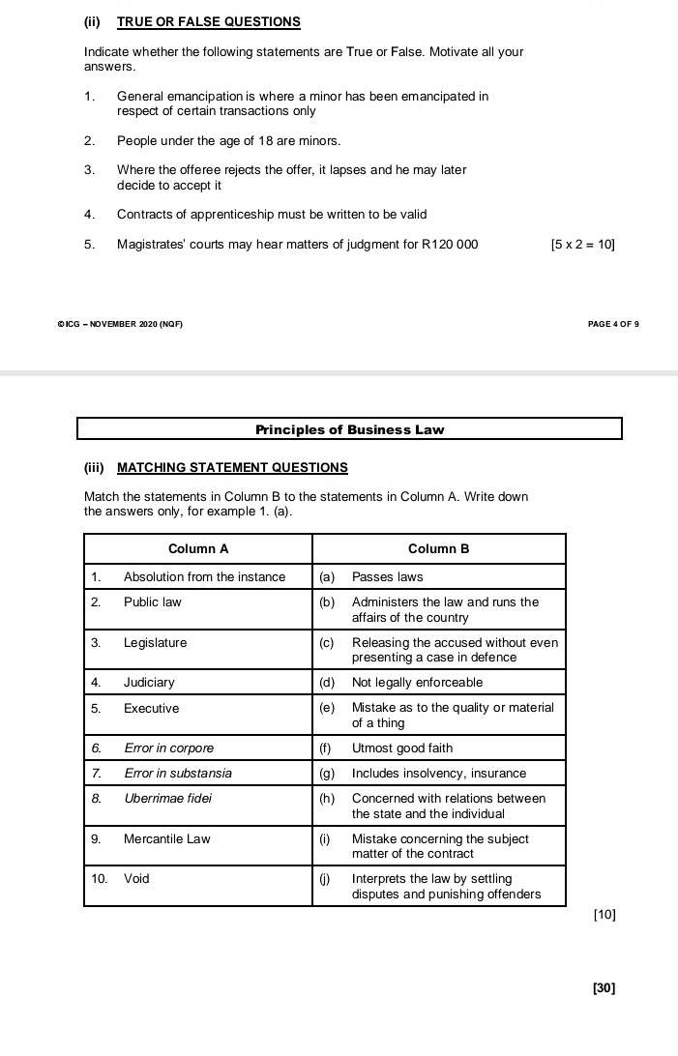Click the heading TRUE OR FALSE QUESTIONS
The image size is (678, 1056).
(x=208, y=21)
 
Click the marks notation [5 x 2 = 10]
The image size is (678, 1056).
(x=582, y=245)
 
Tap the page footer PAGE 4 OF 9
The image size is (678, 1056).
(x=613, y=323)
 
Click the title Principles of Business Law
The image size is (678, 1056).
(x=349, y=429)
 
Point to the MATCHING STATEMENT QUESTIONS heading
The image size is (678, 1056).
(x=231, y=468)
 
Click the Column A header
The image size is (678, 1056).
(x=198, y=548)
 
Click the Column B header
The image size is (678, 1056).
(x=438, y=548)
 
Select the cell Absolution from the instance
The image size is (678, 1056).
(x=204, y=577)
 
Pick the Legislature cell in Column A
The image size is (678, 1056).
(x=155, y=643)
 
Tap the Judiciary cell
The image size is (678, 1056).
(x=149, y=683)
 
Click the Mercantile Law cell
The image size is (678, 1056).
(x=166, y=839)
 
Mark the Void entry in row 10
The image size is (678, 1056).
(x=136, y=879)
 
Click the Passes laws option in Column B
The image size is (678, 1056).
(x=387, y=577)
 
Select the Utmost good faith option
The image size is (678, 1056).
(x=401, y=748)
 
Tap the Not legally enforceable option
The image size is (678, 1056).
(x=417, y=683)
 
